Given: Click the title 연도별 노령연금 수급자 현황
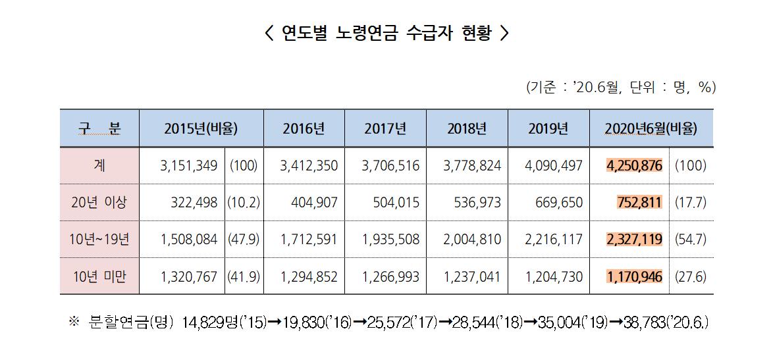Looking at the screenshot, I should pos(386,33).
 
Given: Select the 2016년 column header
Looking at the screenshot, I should pos(304,128).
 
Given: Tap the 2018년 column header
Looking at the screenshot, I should pos(467,128).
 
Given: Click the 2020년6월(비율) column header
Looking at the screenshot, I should pos(651,128).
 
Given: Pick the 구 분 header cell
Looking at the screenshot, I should pos(99,128).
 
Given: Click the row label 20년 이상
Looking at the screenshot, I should pos(99,202).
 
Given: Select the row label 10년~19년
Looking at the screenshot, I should pos(99,239).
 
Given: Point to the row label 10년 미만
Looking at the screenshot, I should pos(99,276).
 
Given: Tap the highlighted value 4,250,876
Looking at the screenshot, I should pos(634,165).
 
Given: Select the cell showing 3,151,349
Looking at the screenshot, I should pos(188,165).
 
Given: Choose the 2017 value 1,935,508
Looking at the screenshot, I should pos(390,239).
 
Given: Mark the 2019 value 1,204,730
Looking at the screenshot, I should pos(554,276).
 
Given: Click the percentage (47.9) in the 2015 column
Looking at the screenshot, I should pos(244,239).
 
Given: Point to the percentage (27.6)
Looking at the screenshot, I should pos(690,276).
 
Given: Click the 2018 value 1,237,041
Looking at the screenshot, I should pos(472,276).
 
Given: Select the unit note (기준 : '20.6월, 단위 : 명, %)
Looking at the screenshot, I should pos(620,87).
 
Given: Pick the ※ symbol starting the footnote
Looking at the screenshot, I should pos(74,322).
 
